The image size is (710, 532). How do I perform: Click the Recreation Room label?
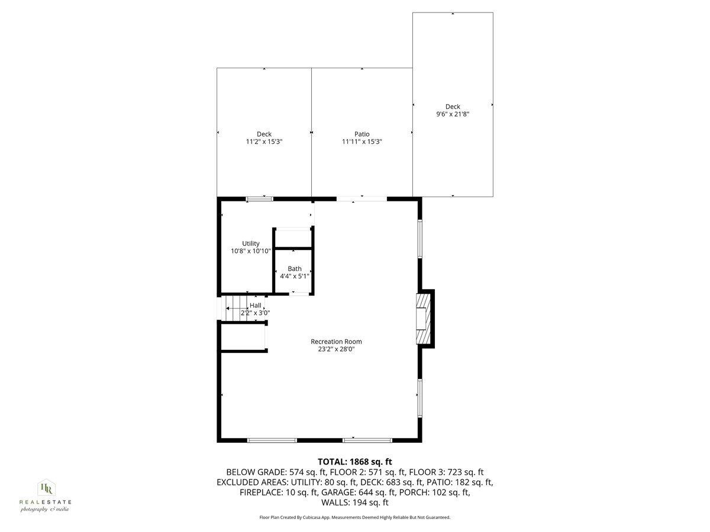(x=336, y=341)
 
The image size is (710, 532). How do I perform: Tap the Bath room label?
(x=294, y=269)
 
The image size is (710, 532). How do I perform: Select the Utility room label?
(x=251, y=244)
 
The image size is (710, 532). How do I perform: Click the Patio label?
(x=362, y=134)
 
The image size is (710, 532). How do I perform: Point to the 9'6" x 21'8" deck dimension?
(x=453, y=114)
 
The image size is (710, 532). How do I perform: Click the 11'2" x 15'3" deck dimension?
(x=264, y=142)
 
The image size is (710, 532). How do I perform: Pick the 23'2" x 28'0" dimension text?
(x=336, y=349)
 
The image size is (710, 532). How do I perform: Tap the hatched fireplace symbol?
(x=421, y=319)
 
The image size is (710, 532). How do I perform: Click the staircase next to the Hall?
(x=237, y=309)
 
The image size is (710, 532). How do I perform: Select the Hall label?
(x=256, y=305)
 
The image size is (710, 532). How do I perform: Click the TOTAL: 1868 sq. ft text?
(x=355, y=462)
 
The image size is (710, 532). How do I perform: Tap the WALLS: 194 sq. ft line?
(x=355, y=502)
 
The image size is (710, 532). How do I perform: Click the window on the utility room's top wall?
(x=260, y=199)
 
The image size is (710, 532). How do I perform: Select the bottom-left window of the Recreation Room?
(x=272, y=440)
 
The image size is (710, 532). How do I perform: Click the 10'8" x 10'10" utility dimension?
(x=251, y=251)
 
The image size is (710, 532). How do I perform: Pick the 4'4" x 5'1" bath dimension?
(x=294, y=276)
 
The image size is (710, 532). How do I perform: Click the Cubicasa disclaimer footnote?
(x=355, y=517)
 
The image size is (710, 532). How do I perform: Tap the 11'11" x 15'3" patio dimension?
(x=362, y=142)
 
